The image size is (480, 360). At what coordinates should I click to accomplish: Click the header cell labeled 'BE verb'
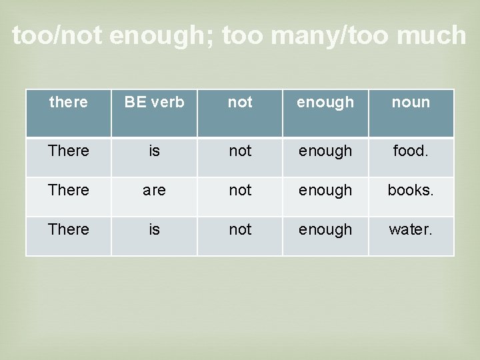[154, 103]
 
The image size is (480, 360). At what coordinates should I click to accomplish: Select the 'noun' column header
[411, 103]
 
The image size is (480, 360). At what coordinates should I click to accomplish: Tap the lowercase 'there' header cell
[69, 103]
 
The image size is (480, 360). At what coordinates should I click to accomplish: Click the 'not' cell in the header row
[240, 103]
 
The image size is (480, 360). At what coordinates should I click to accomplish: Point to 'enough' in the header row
[325, 103]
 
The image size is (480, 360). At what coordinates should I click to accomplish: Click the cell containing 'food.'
[411, 151]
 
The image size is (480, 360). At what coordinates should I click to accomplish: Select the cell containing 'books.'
[411, 190]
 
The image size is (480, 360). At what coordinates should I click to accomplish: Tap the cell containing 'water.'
[411, 229]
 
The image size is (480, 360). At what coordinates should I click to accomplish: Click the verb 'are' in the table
[154, 190]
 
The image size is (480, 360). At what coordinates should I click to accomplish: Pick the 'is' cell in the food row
[154, 151]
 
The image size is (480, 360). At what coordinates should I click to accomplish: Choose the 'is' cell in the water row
[154, 229]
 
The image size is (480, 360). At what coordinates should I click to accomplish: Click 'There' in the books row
[69, 190]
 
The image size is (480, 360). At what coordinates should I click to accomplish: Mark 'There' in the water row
[69, 229]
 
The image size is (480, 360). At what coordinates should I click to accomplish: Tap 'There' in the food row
[69, 151]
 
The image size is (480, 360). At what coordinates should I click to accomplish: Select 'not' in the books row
[240, 190]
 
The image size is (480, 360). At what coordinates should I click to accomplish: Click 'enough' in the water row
[325, 229]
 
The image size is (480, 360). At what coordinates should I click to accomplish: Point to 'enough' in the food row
[325, 151]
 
